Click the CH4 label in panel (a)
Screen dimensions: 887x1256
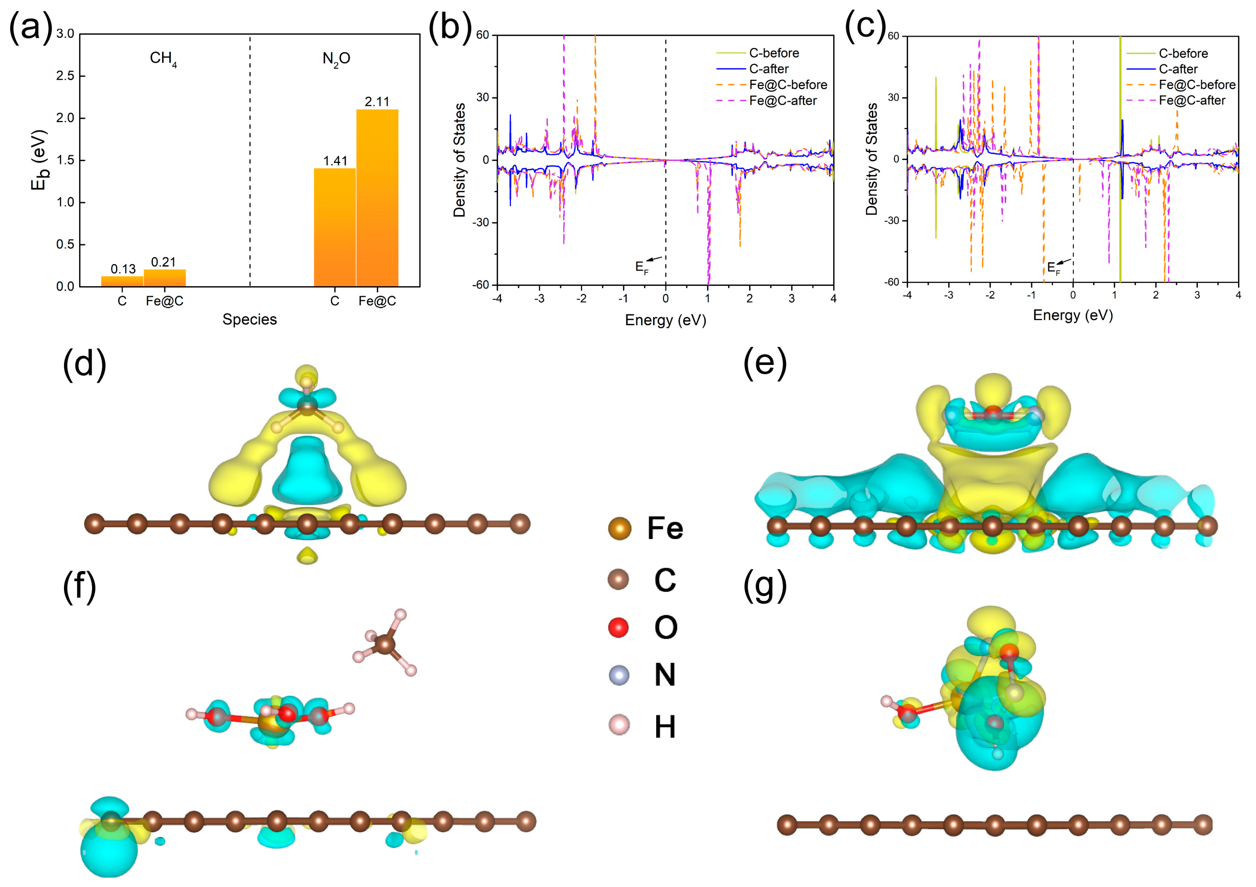coord(163,59)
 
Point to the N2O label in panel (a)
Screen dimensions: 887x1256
coord(336,59)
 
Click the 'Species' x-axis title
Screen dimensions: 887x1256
coord(250,320)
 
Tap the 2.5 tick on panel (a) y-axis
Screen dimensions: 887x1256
coord(65,76)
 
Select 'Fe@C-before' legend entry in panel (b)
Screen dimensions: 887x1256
coord(788,85)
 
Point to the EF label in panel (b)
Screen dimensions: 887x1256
coord(641,268)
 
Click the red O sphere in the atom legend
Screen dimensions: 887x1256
coord(618,627)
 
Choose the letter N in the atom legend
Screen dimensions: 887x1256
coord(665,675)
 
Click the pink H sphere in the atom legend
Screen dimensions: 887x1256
coord(619,725)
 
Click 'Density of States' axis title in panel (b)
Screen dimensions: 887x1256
coord(460,160)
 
